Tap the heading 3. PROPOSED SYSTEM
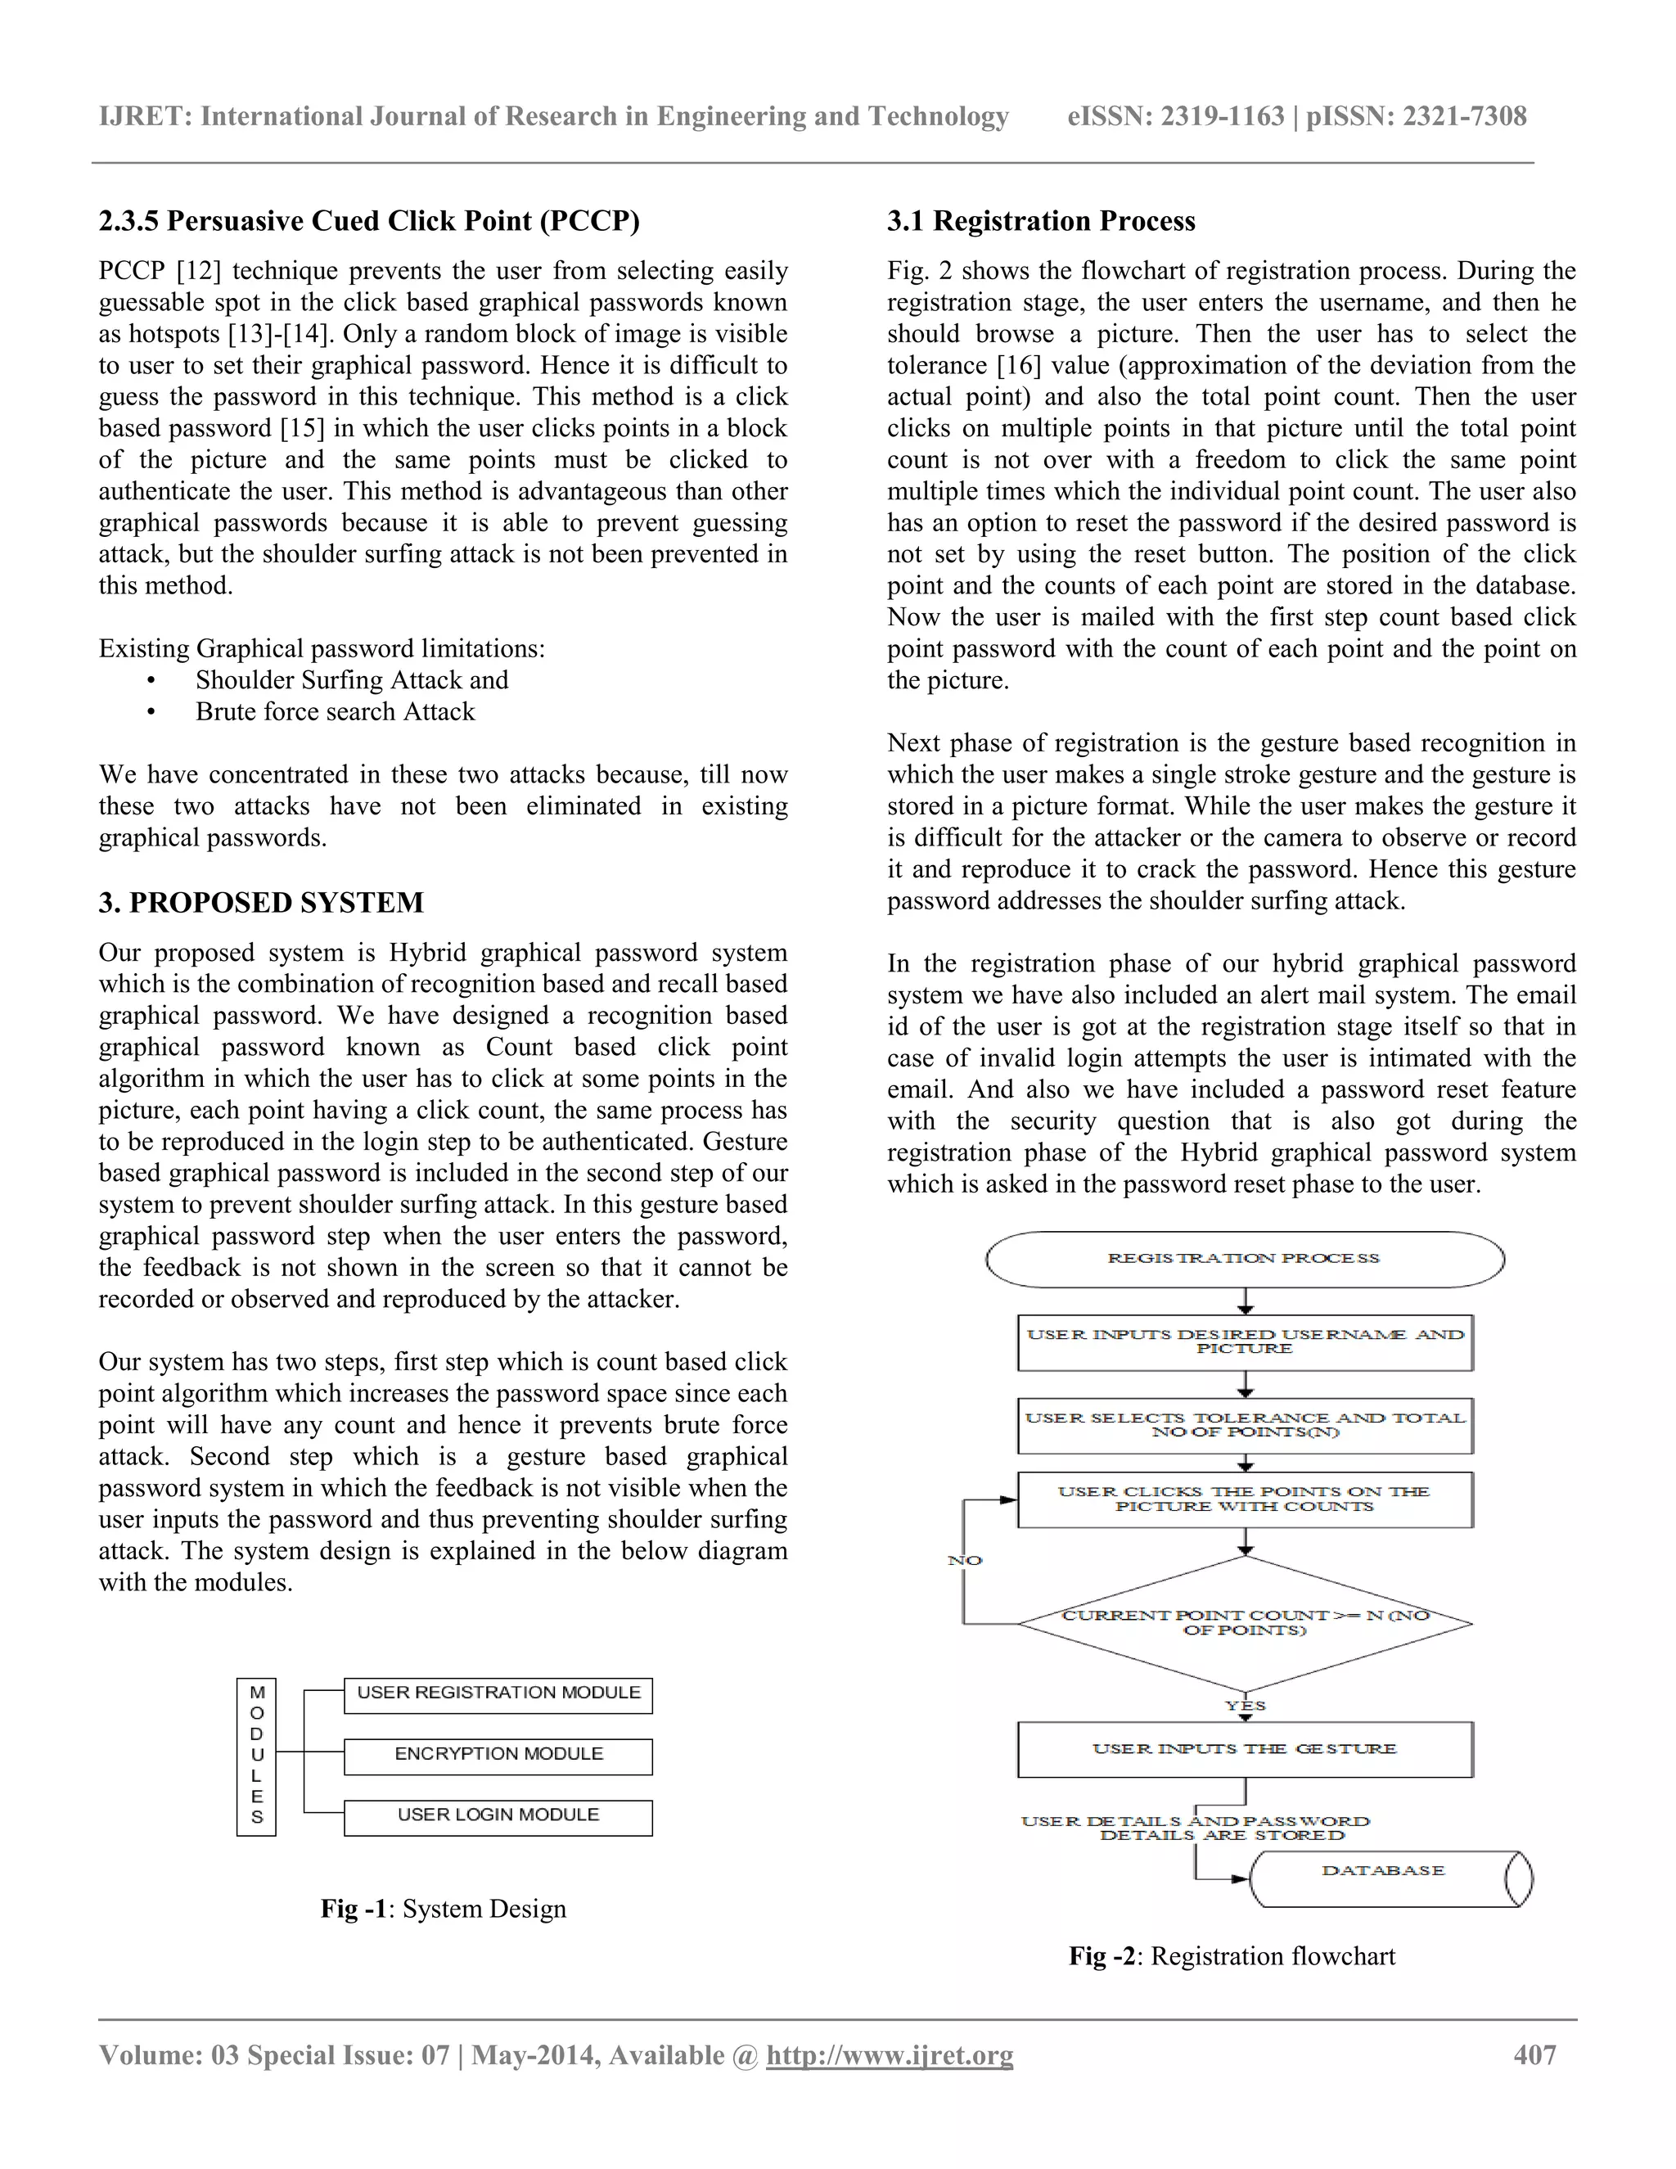[x=261, y=902]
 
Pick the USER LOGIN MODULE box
[x=498, y=1816]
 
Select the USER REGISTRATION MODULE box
[x=498, y=1694]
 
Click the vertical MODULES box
[x=256, y=1756]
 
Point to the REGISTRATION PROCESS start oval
[x=1244, y=1258]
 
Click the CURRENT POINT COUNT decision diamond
[x=1244, y=1623]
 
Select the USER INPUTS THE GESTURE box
[x=1244, y=1749]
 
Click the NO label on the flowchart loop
[x=964, y=1560]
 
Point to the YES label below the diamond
[x=1244, y=1705]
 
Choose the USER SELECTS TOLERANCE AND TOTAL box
[x=1244, y=1425]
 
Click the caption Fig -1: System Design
[x=443, y=1909]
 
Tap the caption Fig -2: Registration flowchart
[x=1231, y=1955]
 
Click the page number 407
[x=1534, y=2054]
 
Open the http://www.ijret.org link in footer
[x=889, y=2054]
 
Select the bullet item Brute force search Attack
[x=335, y=711]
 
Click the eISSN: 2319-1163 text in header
[x=1174, y=116]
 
